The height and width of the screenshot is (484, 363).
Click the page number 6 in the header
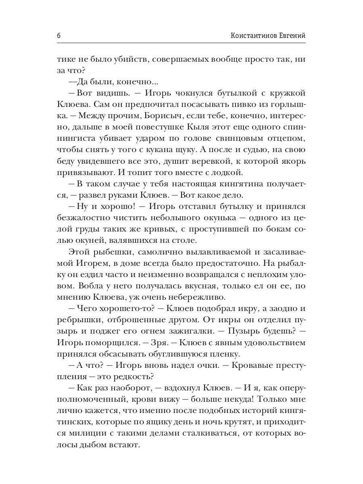click(x=59, y=35)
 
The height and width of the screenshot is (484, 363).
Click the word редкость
click(x=135, y=378)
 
